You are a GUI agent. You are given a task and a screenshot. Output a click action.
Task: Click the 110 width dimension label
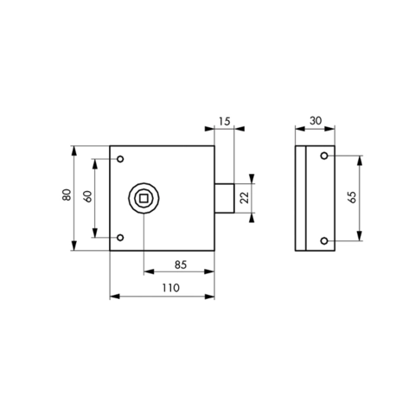pos(170,288)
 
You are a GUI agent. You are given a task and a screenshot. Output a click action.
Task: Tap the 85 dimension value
pos(181,265)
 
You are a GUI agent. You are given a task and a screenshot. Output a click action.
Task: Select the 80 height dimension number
pos(67,195)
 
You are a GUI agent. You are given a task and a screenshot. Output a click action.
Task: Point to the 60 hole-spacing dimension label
pos(88,196)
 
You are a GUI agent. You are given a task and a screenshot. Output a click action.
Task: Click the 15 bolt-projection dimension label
pos(224,121)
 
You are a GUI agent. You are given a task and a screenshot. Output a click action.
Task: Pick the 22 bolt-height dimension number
pos(245,198)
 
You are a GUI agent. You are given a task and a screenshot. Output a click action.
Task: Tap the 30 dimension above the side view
pos(316,120)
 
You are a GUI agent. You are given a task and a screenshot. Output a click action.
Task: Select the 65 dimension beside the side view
pos(352,197)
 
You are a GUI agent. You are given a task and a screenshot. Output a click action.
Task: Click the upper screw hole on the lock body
pos(120,159)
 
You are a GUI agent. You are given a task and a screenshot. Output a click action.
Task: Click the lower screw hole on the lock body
pos(120,238)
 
